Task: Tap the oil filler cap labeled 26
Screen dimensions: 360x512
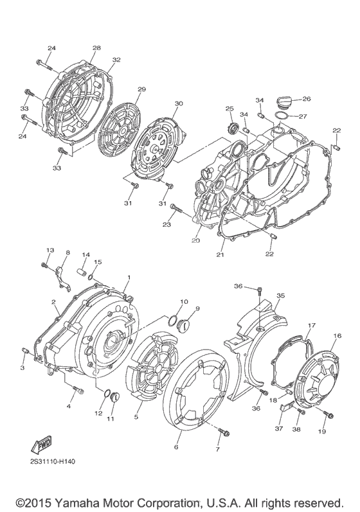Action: [x=283, y=102]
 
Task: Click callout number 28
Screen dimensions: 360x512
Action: [x=96, y=48]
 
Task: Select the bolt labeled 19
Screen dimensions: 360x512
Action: [x=328, y=414]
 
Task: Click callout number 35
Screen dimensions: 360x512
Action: [x=280, y=296]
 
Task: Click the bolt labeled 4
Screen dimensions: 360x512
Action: [x=78, y=389]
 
